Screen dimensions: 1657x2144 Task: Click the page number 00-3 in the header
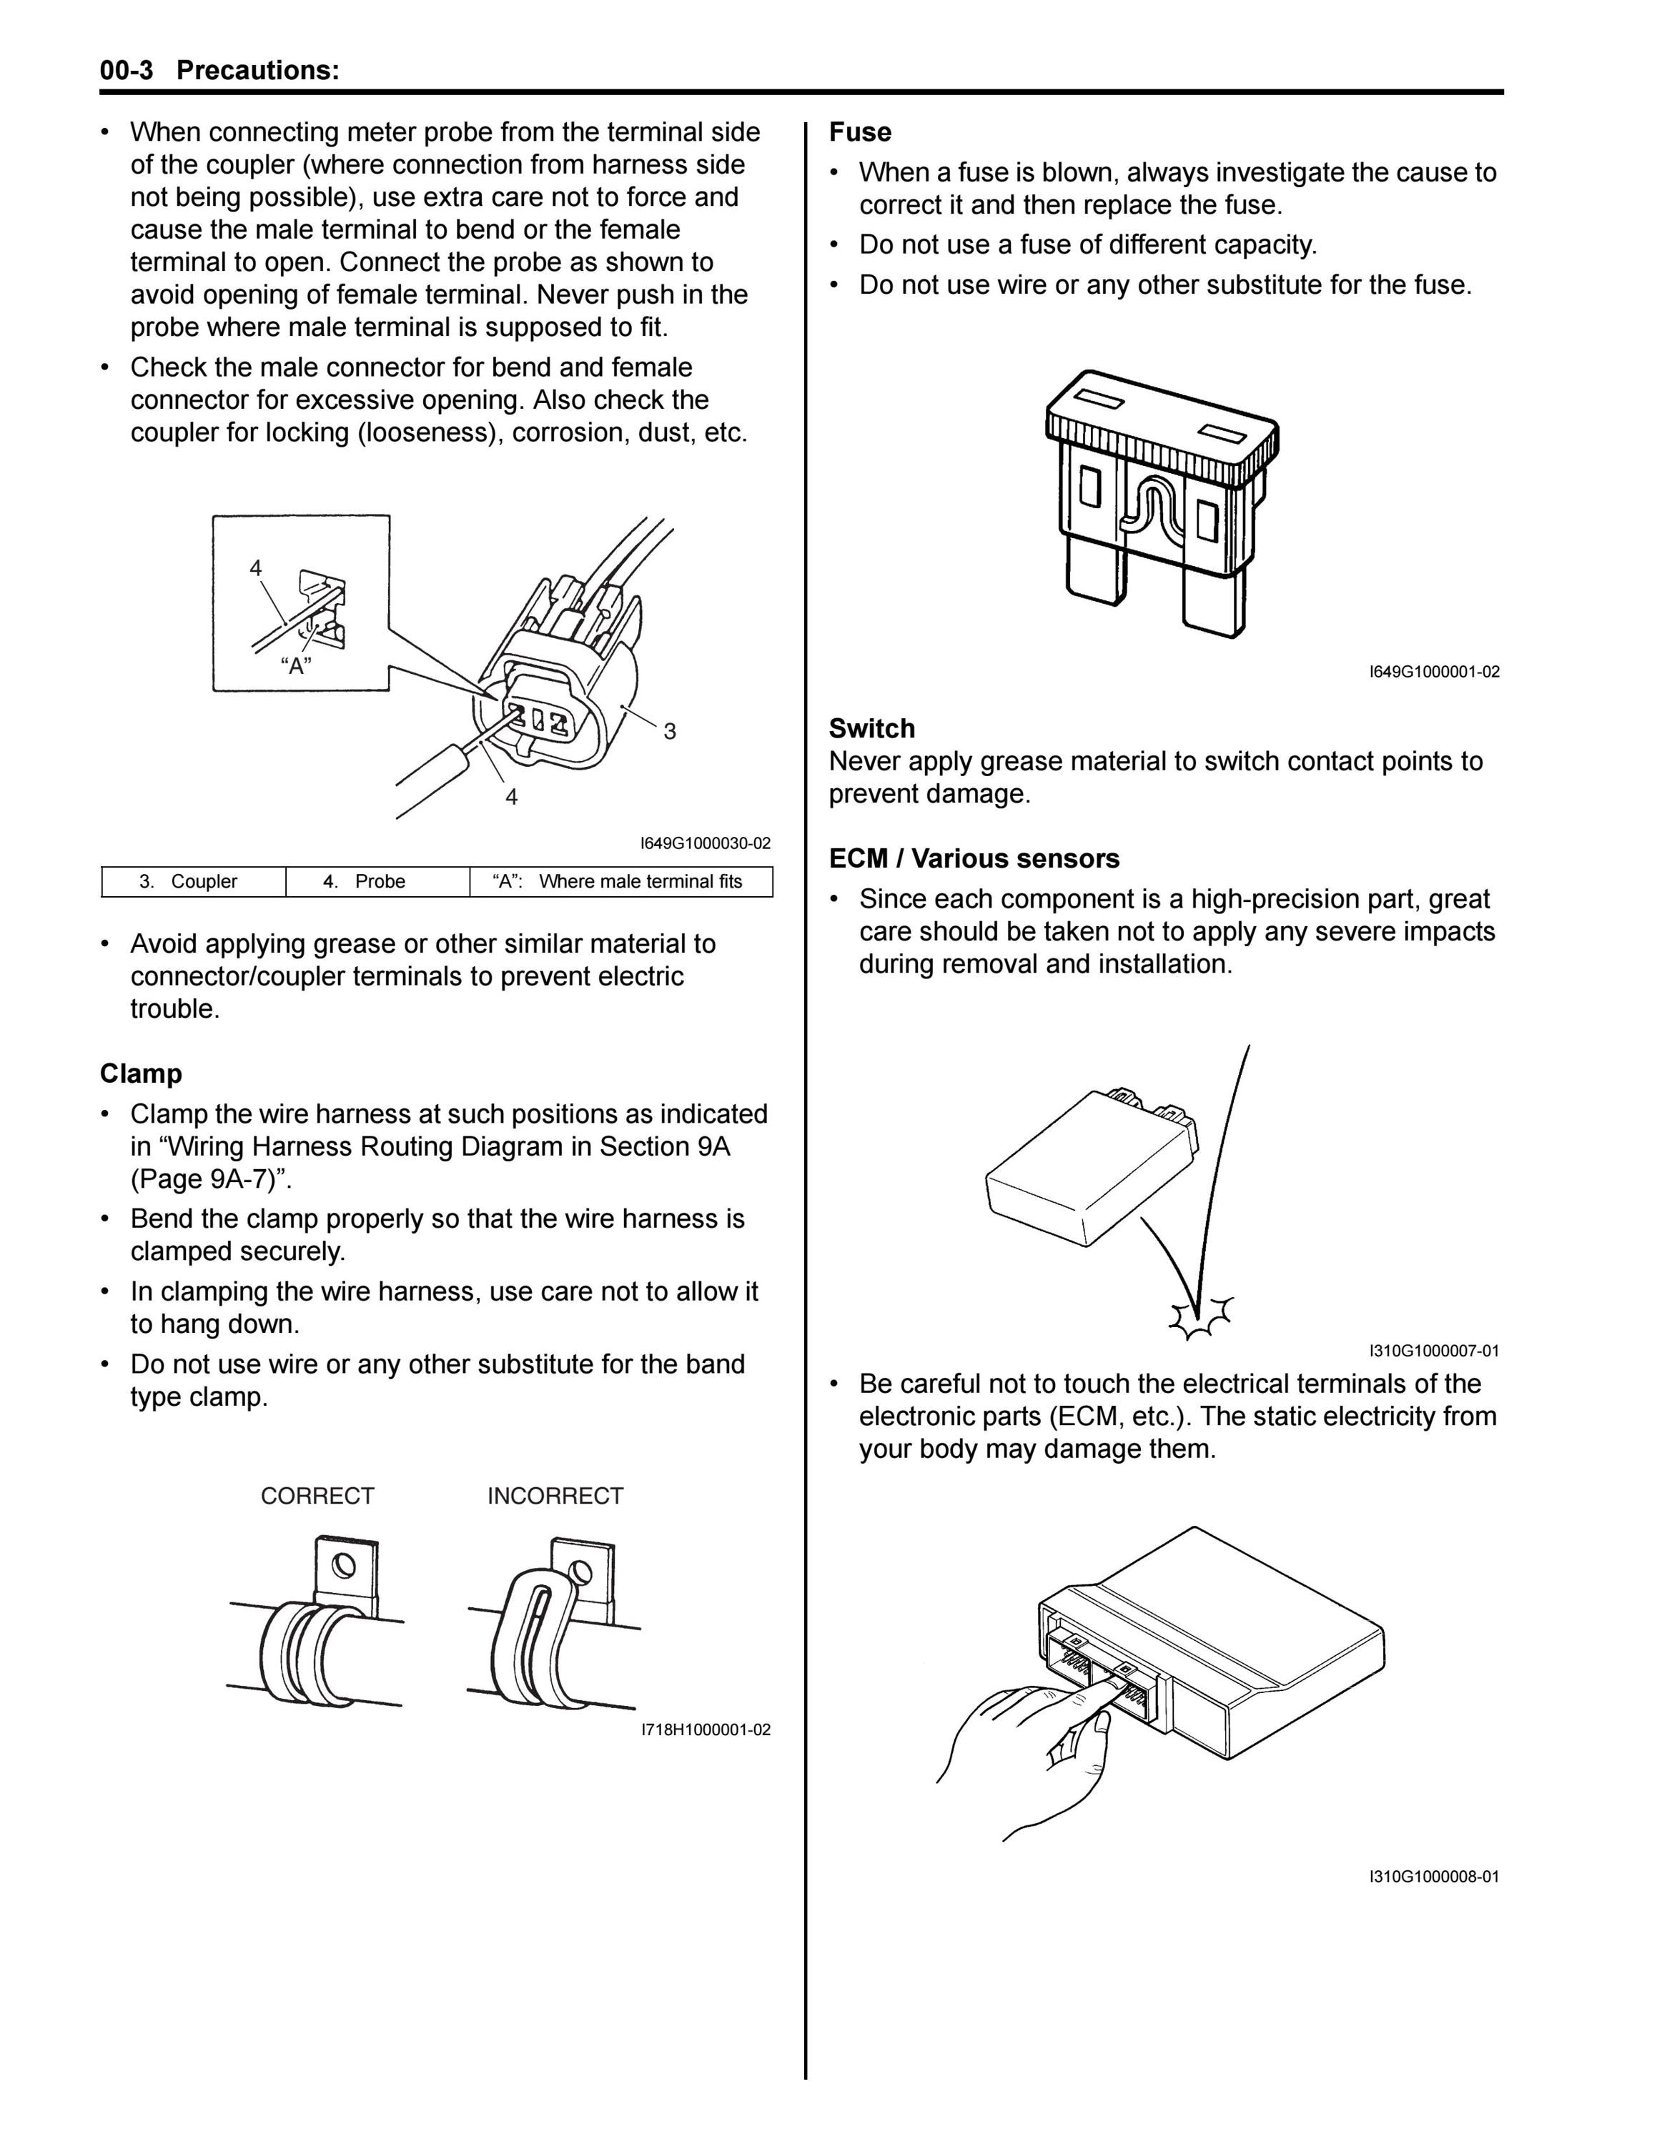click(127, 71)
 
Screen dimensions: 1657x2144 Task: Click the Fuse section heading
click(860, 132)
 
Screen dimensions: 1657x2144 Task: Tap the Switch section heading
click(871, 728)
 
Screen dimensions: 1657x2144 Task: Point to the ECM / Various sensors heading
click(974, 859)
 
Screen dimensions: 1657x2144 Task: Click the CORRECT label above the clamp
click(317, 1496)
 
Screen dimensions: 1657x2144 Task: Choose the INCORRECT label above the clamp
click(555, 1496)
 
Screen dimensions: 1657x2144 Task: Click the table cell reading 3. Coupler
click(194, 882)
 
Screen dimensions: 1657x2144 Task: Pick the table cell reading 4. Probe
click(378, 882)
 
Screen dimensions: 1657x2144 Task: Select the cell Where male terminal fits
click(621, 882)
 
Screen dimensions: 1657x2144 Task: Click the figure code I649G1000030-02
click(706, 843)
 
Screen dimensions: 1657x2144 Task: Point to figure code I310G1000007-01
click(1434, 1351)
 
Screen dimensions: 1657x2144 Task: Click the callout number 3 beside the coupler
click(670, 731)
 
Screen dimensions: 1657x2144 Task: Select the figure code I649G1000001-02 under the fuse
click(1434, 673)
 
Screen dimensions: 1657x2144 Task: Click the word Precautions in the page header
click(258, 71)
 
